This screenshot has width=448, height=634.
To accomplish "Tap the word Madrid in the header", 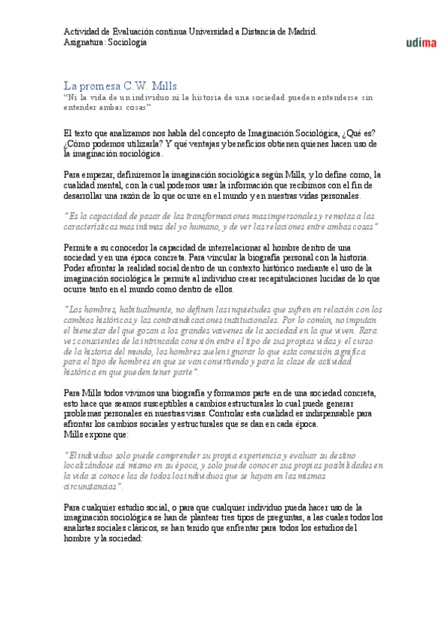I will [x=301, y=31].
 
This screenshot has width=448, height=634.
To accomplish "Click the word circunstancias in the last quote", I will [x=92, y=465].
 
